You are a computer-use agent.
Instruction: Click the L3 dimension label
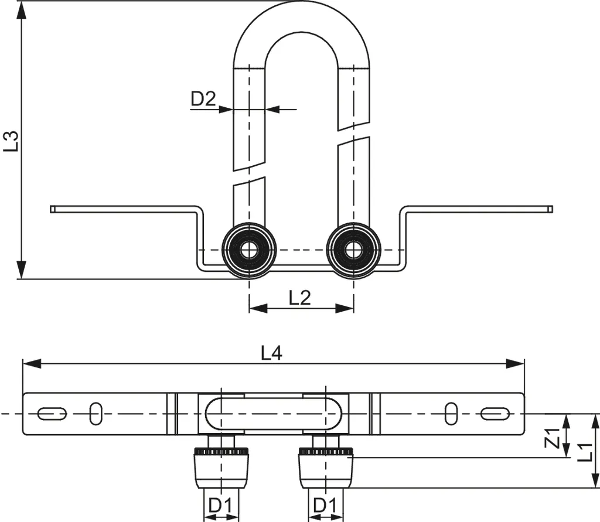(12, 141)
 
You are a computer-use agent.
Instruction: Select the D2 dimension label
(203, 99)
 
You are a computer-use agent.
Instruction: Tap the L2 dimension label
(300, 298)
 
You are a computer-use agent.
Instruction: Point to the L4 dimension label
(272, 353)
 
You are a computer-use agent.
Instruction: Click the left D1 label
(221, 504)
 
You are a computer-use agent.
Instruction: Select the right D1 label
(325, 504)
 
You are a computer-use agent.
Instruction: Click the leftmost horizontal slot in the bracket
(52, 414)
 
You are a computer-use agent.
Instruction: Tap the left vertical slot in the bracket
(95, 413)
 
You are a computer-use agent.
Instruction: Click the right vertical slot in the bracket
(451, 413)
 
